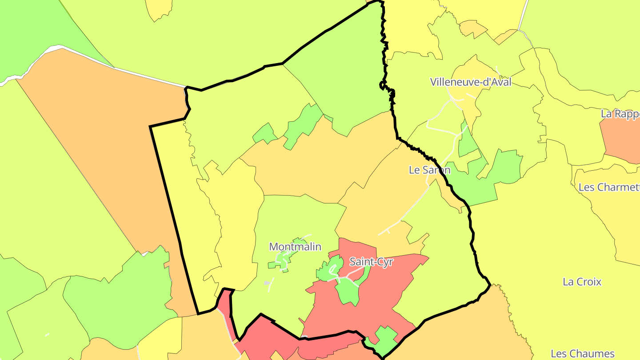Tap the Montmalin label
pyautogui.click(x=295, y=247)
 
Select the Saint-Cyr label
pyautogui.click(x=371, y=262)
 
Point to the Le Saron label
pyautogui.click(x=429, y=170)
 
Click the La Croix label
pyautogui.click(x=582, y=282)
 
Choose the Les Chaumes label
pyautogui.click(x=582, y=354)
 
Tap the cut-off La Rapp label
pyautogui.click(x=620, y=114)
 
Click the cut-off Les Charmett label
pyautogui.click(x=609, y=187)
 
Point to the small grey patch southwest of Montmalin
pyautogui.click(x=267, y=283)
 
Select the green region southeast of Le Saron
pyautogui.click(x=493, y=178)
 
